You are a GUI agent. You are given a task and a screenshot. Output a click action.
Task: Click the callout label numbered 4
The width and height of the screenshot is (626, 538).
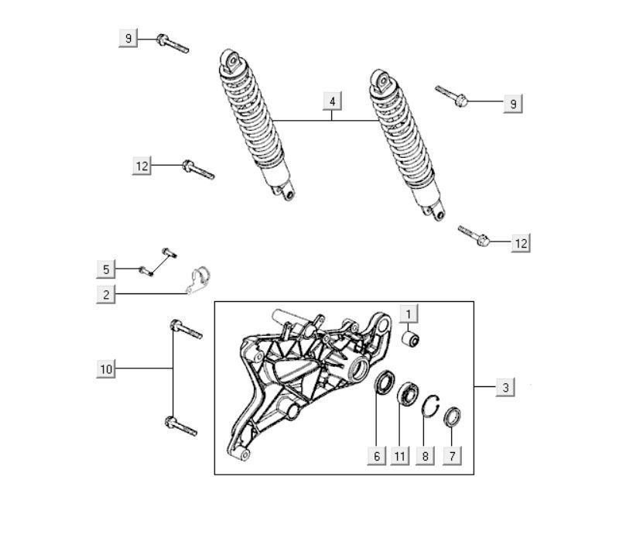point(332,101)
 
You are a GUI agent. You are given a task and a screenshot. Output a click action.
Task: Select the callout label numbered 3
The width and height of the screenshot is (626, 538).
point(505,387)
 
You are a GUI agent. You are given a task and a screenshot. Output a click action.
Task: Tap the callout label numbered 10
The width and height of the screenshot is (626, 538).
point(106,368)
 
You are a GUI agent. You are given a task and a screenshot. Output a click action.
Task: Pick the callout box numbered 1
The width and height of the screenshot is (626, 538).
point(409,314)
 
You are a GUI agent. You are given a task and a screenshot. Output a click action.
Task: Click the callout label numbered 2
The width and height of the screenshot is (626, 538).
point(106,294)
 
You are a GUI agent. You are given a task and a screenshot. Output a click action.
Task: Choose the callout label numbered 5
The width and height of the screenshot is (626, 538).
point(106,269)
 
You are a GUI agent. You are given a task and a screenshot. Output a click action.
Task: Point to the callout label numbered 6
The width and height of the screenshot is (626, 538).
point(377,456)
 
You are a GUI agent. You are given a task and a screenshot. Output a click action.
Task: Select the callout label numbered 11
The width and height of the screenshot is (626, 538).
point(399,456)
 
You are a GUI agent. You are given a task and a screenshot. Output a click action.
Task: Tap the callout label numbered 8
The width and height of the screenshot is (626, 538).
point(425,456)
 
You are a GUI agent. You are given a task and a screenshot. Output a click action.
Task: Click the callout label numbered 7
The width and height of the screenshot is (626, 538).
point(452,456)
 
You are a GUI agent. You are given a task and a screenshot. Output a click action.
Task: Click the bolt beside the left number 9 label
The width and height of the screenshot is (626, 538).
point(173,43)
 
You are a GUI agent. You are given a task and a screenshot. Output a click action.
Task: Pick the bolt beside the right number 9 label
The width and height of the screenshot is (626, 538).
point(451,96)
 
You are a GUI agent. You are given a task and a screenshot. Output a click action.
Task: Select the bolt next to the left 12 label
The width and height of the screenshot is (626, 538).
point(198,170)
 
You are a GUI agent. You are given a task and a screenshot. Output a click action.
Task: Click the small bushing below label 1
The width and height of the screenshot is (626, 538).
point(410,339)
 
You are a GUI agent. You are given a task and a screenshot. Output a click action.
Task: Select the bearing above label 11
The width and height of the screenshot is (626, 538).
point(408,394)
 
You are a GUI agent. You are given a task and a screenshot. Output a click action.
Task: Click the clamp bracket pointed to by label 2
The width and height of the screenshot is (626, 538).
point(198,279)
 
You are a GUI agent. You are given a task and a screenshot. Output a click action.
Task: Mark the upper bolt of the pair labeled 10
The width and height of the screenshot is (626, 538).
point(186,329)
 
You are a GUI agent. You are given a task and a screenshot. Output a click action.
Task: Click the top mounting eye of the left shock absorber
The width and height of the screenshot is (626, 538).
point(232,61)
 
